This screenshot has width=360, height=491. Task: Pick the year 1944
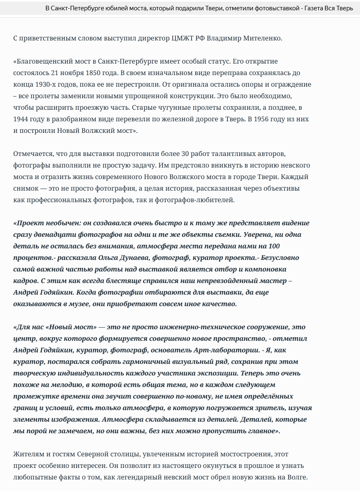(21, 119)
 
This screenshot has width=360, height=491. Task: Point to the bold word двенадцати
(57, 235)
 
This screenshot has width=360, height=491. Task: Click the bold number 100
(273, 246)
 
